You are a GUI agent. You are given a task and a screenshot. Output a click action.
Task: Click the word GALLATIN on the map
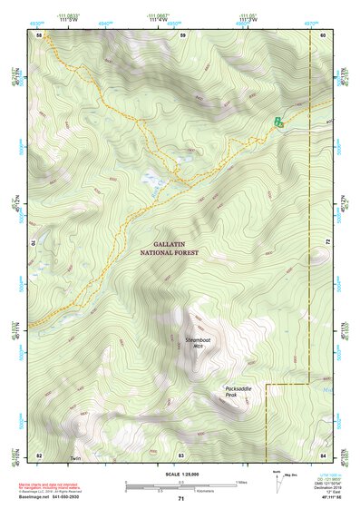[172, 245]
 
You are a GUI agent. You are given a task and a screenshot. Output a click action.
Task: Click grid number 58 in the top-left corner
[40, 34]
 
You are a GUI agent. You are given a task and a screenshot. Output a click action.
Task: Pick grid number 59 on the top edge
[182, 34]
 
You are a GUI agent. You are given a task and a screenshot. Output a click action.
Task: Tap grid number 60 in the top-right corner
[323, 34]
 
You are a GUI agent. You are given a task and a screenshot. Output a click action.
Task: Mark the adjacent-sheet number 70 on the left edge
[38, 243]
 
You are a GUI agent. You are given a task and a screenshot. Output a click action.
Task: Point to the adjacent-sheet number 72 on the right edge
[325, 243]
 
